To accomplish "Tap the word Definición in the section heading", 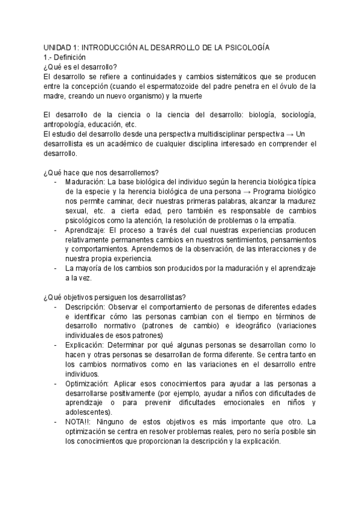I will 70,57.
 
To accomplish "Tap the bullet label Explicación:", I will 82,346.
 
